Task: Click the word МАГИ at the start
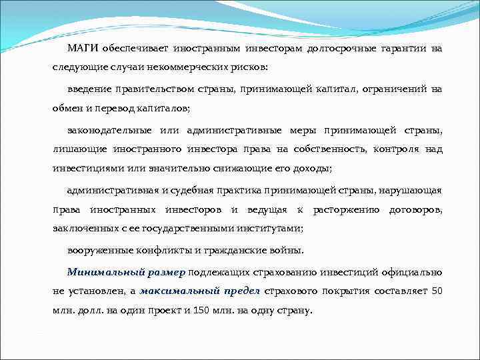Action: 81,49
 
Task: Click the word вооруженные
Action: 99,251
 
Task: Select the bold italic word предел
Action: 241,291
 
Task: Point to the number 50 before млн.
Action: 437,291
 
